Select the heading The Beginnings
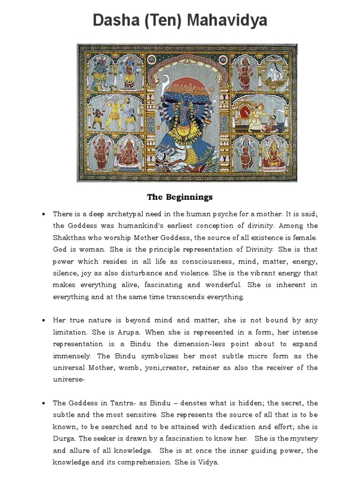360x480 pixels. point(180,197)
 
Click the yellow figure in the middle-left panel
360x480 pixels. point(113,112)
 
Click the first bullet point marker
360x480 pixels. point(44,214)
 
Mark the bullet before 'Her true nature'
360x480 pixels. point(44,321)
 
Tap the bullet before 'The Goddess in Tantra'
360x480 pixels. point(44,403)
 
